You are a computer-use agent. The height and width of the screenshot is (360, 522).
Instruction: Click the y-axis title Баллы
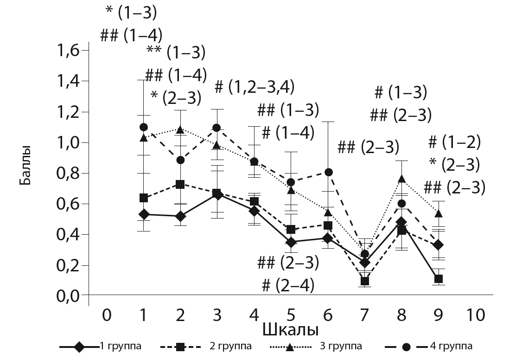coord(26,165)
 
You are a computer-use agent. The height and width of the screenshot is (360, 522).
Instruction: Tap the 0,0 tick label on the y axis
coord(70,295)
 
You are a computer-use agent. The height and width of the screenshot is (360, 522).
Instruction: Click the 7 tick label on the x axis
coord(365,315)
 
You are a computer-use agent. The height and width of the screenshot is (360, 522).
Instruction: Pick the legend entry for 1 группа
coord(101,346)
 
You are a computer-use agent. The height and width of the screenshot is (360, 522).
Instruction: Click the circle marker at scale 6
coord(328,172)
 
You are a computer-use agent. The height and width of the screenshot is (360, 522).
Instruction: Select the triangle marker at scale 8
coord(401,179)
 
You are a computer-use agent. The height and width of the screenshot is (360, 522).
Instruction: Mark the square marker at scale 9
coord(438,279)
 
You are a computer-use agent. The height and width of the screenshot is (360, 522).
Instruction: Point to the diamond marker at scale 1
coord(144,214)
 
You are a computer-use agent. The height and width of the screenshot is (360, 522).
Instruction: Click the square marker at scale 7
coord(365,281)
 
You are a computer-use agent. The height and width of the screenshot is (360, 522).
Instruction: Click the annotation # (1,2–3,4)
coord(255,86)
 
